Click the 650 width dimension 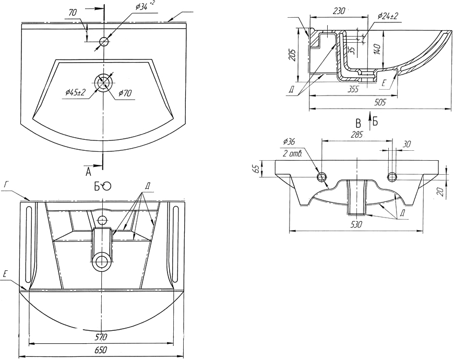tap(101, 350)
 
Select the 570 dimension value tap(101, 337)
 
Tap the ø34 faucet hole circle tap(104, 42)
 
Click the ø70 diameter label tap(125, 93)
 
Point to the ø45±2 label tap(76, 92)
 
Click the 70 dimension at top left tap(73, 13)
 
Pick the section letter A tap(88, 172)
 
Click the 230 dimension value tap(339, 11)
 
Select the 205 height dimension tap(293, 55)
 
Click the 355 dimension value tap(353, 89)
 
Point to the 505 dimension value tap(379, 102)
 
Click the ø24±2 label tap(388, 16)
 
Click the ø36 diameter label tap(289, 141)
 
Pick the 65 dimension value tap(256, 169)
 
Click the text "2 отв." tap(292, 154)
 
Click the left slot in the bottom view tap(28, 244)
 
